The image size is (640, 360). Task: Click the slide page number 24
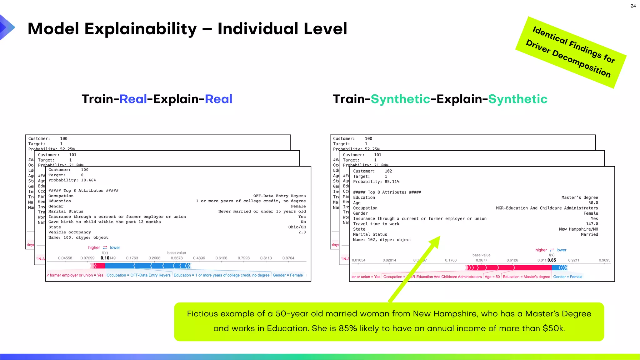coord(633,6)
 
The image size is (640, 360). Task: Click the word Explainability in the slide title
coord(141,29)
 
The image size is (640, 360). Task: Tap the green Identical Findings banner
coord(571,52)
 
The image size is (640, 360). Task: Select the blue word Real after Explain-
coord(218,99)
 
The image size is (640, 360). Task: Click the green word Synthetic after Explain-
coord(517,99)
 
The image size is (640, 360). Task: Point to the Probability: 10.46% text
coord(72,180)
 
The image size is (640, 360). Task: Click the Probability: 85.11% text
coord(376,182)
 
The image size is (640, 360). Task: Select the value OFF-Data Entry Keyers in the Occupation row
coord(279,196)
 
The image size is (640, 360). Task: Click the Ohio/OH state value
coord(297,227)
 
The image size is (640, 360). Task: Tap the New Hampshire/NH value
coord(578,229)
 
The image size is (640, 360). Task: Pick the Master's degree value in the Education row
coord(579,197)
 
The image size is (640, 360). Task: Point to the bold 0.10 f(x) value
coord(105,258)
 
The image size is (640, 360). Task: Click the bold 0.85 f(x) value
coord(552,260)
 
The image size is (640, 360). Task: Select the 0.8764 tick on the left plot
coord(288,258)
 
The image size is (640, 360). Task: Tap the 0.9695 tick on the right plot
coord(604,260)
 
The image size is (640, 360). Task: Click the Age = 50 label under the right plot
coord(492,277)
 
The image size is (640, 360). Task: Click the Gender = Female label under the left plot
coord(287,275)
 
